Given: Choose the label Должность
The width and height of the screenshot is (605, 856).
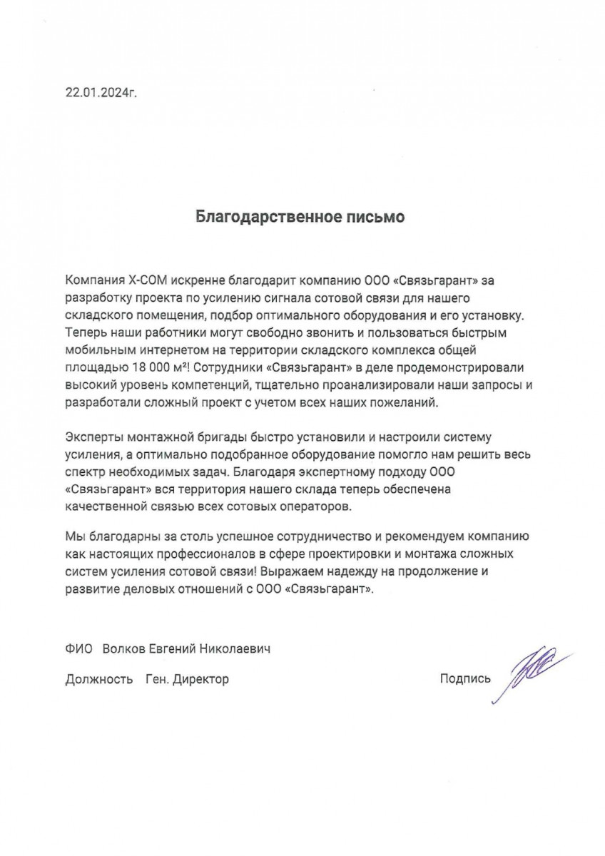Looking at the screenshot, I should click(98, 680).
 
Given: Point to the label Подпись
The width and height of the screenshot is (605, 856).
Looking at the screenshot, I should click(466, 679).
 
